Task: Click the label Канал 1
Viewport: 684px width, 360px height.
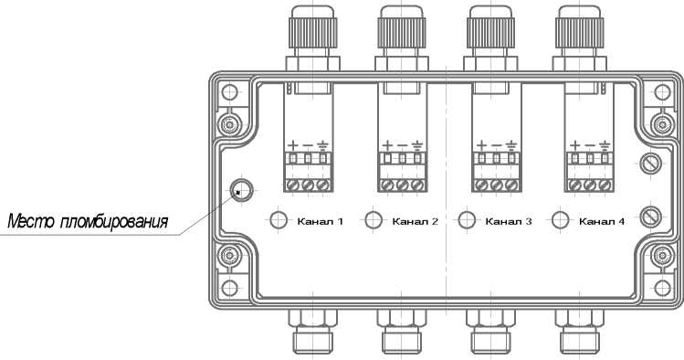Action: pyautogui.click(x=321, y=222)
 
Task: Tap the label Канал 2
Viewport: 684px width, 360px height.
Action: pyautogui.click(x=415, y=222)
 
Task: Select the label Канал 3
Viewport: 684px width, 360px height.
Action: pyautogui.click(x=509, y=222)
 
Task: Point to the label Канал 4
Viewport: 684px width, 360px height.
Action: pyautogui.click(x=602, y=222)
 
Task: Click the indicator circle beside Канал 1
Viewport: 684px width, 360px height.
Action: pyautogui.click(x=279, y=220)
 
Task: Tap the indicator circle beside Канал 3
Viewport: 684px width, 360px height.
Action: pyautogui.click(x=467, y=220)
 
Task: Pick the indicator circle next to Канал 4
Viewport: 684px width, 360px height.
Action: pyautogui.click(x=561, y=220)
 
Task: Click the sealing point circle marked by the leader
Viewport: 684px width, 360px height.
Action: pyautogui.click(x=241, y=190)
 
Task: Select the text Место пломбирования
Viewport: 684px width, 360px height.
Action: pyautogui.click(x=88, y=222)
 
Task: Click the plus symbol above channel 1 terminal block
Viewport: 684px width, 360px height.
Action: pyautogui.click(x=293, y=145)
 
